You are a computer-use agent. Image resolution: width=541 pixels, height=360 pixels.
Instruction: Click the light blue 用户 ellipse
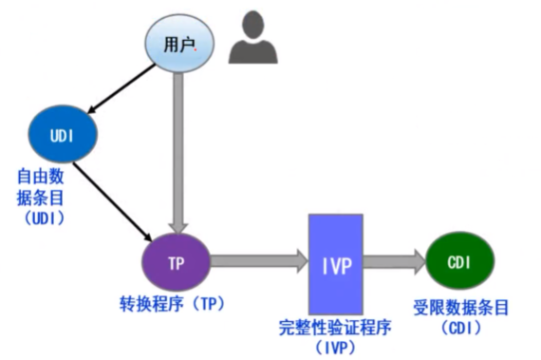click(177, 45)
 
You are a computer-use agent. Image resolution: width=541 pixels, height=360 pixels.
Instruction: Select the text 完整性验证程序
click(336, 329)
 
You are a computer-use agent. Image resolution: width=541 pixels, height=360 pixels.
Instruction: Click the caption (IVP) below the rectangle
click(336, 348)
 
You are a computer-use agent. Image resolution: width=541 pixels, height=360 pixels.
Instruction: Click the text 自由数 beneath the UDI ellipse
click(40, 177)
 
